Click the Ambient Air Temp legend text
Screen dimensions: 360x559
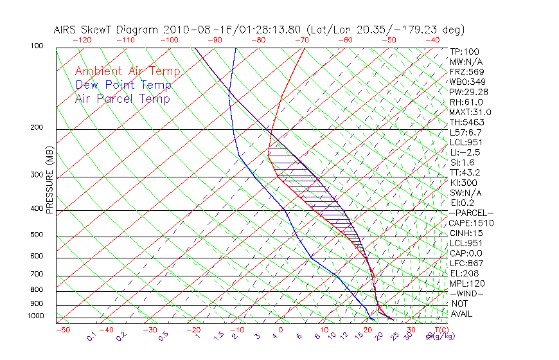pyautogui.click(x=128, y=71)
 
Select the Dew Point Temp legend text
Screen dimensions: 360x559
pyautogui.click(x=123, y=85)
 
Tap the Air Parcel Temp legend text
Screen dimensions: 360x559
pyautogui.click(x=122, y=98)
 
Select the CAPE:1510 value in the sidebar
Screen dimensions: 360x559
pyautogui.click(x=471, y=223)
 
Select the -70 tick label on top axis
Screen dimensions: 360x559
pyautogui.click(x=301, y=40)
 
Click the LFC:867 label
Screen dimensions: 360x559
pyautogui.click(x=467, y=264)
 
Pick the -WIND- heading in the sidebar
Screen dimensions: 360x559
pyautogui.click(x=467, y=293)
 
